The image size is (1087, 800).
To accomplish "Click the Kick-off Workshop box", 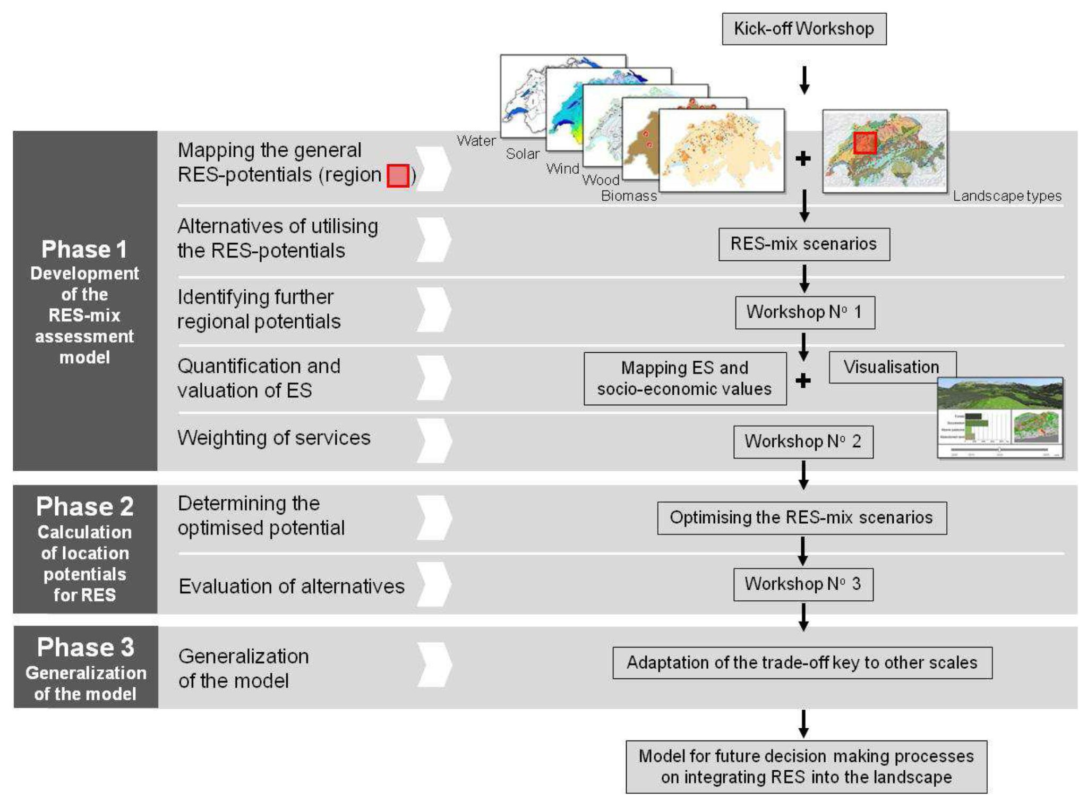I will [x=803, y=29].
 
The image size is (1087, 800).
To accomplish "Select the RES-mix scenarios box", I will [x=803, y=244].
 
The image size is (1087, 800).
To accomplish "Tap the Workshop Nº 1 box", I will [x=804, y=312].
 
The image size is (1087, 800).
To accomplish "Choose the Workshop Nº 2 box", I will [x=803, y=441].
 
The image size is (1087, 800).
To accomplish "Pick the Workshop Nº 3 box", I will [x=803, y=584].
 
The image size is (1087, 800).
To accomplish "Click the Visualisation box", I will [x=892, y=367].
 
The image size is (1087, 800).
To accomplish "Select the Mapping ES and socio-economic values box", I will [x=684, y=378].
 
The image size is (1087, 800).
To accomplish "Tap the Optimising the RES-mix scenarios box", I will [x=801, y=517].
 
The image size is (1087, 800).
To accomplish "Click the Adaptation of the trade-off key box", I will [x=802, y=662].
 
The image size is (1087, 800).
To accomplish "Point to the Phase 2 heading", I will [x=85, y=506].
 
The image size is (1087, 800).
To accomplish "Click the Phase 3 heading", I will [x=85, y=647].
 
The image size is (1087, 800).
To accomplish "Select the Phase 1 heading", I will [x=84, y=249].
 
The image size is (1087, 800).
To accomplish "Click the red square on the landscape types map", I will [x=865, y=142].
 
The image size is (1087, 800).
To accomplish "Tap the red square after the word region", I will [x=398, y=176].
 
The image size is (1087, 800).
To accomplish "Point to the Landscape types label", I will [x=1007, y=196].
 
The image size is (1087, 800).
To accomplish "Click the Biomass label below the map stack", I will [x=629, y=196].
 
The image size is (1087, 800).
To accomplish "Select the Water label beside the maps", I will [x=476, y=141].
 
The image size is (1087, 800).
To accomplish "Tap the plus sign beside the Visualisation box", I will [x=803, y=380].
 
